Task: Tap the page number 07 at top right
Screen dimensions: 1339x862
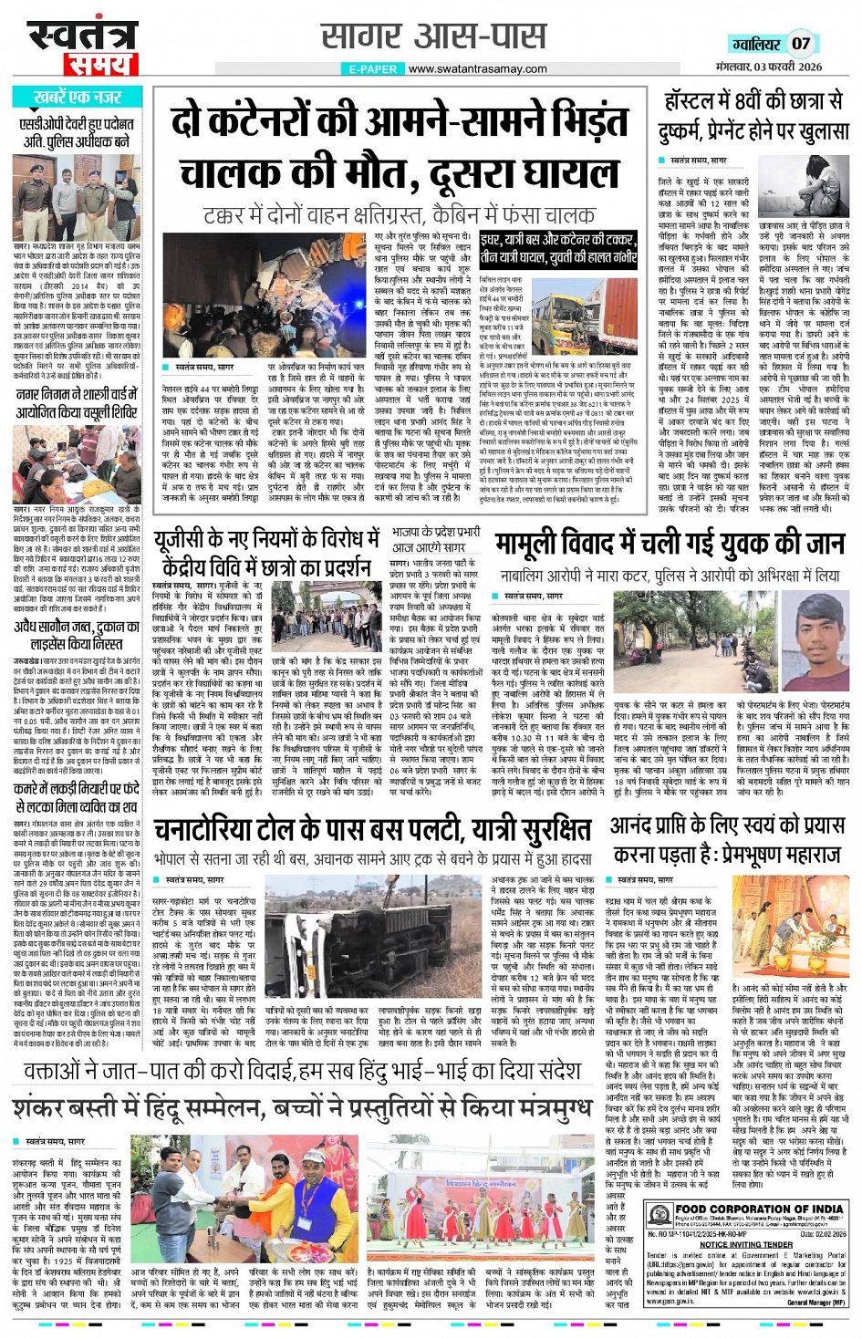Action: tap(801, 43)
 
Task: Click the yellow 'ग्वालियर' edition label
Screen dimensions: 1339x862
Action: tap(756, 44)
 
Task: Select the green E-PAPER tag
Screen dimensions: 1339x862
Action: tap(373, 68)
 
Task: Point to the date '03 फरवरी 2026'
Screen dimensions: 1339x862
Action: tap(783, 67)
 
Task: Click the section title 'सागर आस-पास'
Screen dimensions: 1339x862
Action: tap(433, 37)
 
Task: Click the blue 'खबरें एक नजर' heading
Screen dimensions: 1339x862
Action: tap(77, 97)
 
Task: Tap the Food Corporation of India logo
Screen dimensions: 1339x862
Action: tap(659, 1213)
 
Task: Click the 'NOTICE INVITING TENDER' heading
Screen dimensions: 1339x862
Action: tap(746, 1243)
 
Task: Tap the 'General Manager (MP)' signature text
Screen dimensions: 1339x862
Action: tap(817, 1303)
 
